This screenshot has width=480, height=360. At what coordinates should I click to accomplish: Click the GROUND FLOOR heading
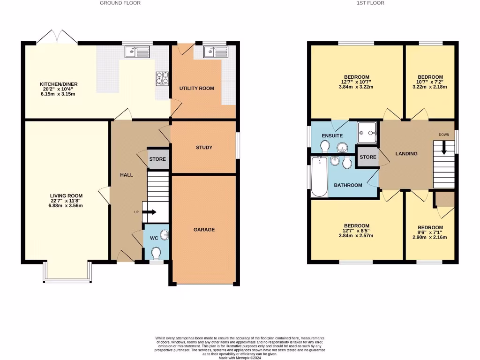pyautogui.click(x=120, y=3)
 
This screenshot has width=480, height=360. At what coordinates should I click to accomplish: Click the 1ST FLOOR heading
pyautogui.click(x=370, y=3)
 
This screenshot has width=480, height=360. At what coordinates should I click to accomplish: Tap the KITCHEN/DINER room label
pyautogui.click(x=56, y=85)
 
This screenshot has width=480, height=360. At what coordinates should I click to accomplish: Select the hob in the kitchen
pyautogui.click(x=162, y=78)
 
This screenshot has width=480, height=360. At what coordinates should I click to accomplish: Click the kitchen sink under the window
pyautogui.click(x=137, y=51)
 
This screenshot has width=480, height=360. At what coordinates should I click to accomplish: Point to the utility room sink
pyautogui.click(x=215, y=51)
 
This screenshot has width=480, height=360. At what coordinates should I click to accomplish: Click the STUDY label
pyautogui.click(x=204, y=148)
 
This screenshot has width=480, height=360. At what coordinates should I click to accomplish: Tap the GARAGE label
pyautogui.click(x=204, y=230)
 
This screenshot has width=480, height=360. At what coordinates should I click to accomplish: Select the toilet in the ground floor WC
pyautogui.click(x=156, y=253)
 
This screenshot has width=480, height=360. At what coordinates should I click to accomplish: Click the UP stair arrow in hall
pyautogui.click(x=150, y=212)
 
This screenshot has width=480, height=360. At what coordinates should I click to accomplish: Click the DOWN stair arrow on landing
pyautogui.click(x=444, y=149)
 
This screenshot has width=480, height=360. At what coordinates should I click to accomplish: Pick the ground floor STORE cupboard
pyautogui.click(x=157, y=159)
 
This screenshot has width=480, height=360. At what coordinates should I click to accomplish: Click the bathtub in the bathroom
pyautogui.click(x=320, y=177)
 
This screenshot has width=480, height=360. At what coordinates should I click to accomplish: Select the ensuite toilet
pyautogui.click(x=324, y=148)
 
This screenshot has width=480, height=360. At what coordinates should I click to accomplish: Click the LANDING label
pyautogui.click(x=406, y=154)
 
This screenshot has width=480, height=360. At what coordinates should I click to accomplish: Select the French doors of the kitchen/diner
pyautogui.click(x=57, y=38)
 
